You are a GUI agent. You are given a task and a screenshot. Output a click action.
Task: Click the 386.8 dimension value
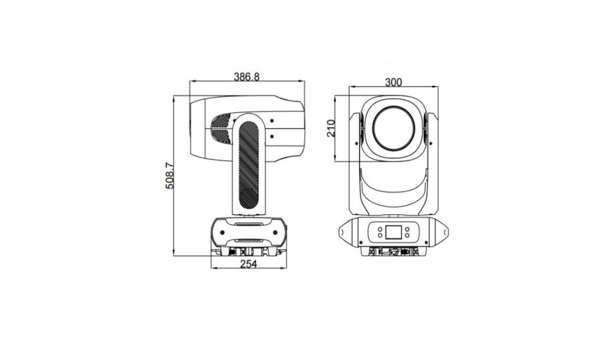point(246,77)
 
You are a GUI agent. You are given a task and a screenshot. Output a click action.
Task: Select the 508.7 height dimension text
point(170,176)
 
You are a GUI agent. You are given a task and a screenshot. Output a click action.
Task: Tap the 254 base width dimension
point(249,264)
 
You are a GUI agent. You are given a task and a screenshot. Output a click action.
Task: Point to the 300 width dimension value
point(393,82)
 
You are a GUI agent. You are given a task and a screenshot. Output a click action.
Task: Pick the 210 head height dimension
point(331,128)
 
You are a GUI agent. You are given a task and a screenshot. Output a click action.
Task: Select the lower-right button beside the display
point(408,235)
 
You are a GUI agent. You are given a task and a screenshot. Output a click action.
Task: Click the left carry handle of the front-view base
point(344,233)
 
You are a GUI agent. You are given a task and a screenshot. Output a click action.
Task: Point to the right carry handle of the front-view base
point(442,233)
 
